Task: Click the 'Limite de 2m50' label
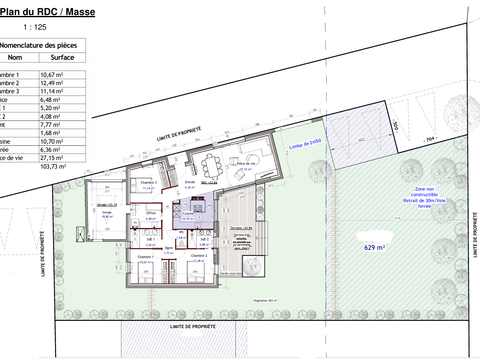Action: pos(303,147)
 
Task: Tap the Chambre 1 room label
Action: pos(146,257)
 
